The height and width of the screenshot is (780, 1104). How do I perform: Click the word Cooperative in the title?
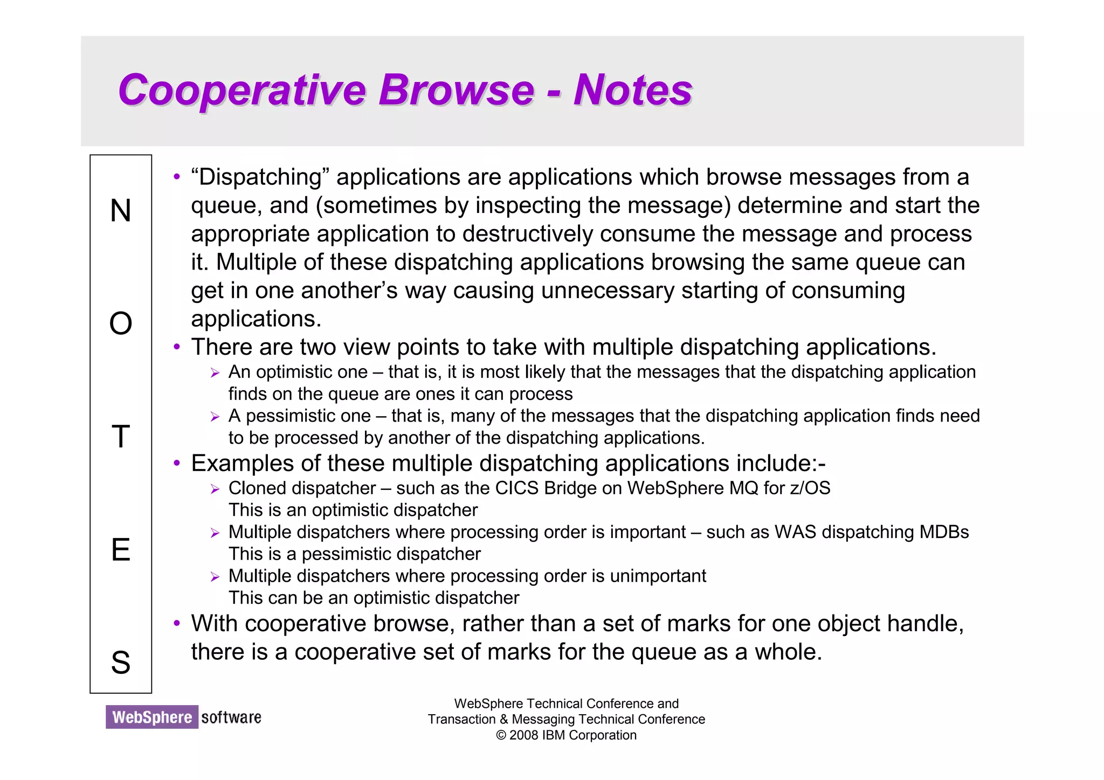[241, 90]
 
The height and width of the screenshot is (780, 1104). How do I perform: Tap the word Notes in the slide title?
[632, 90]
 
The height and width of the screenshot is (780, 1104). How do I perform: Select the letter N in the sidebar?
[121, 210]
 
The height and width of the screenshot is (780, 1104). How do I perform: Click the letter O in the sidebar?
[121, 323]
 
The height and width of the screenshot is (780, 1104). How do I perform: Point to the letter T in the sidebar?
[121, 437]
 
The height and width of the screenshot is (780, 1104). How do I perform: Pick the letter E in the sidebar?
[121, 550]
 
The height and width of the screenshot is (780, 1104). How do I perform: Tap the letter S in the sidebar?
[121, 662]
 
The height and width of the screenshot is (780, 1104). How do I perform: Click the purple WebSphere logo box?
[152, 717]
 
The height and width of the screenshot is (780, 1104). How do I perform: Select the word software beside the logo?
[231, 717]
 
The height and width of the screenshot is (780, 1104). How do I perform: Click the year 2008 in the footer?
[523, 735]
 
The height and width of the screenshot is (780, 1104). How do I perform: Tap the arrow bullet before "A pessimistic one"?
[215, 417]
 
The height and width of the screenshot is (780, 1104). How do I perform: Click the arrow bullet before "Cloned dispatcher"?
[215, 489]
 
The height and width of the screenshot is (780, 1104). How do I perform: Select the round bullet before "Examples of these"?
[176, 464]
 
